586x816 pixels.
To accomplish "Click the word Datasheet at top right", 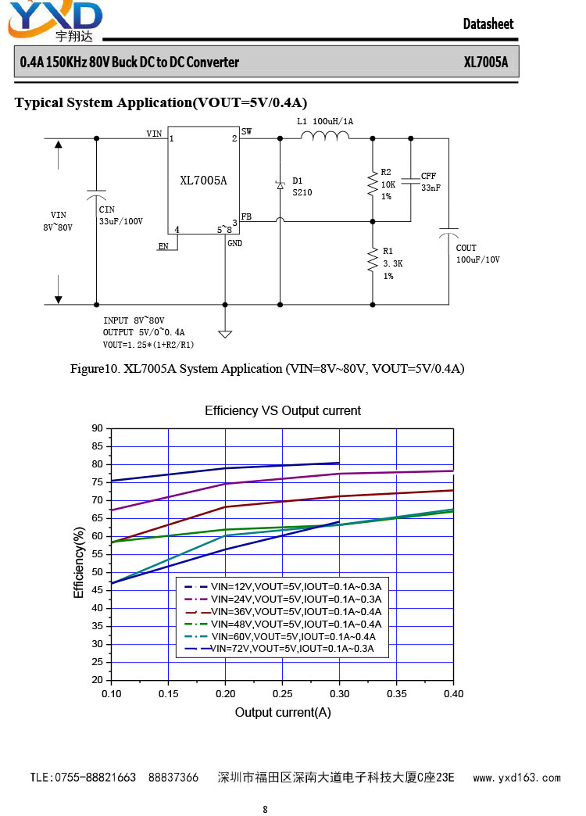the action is click(x=488, y=24).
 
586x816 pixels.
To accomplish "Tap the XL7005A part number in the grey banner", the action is click(x=485, y=63).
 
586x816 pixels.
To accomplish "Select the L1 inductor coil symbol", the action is click(x=325, y=135).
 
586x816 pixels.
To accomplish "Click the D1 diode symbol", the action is click(x=280, y=184).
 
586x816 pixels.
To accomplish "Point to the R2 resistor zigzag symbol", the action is click(x=373, y=183).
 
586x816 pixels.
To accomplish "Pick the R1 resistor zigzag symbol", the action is click(x=373, y=259).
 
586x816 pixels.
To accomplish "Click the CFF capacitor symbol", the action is click(x=410, y=180).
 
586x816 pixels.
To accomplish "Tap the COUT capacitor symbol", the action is click(x=448, y=232).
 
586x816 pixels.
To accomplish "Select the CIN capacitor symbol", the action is click(x=96, y=195).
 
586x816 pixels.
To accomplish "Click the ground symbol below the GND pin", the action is click(x=225, y=334).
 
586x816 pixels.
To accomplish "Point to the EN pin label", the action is click(x=163, y=246).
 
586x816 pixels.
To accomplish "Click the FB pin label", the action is click(x=246, y=217).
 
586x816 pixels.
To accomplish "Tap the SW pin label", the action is click(x=246, y=131).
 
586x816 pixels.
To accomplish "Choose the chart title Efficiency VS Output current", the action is click(x=283, y=410).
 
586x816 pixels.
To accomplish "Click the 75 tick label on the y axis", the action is click(x=98, y=482).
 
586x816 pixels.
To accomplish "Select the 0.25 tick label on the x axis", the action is click(x=282, y=694).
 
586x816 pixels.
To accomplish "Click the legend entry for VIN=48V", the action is click(x=283, y=624).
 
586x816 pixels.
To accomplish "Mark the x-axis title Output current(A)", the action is click(x=283, y=713).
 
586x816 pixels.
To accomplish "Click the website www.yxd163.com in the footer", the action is click(x=516, y=778).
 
